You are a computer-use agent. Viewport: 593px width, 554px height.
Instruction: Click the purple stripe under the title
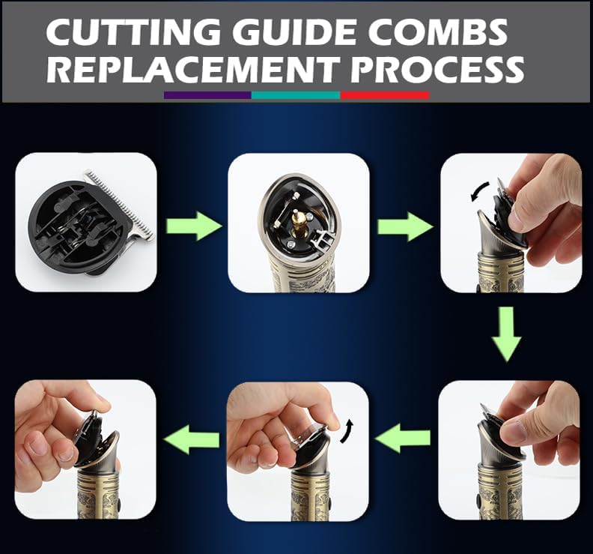coord(207,95)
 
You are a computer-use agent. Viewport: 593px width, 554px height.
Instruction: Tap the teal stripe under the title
coord(296,95)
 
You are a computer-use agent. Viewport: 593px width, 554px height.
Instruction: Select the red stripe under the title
coord(385,95)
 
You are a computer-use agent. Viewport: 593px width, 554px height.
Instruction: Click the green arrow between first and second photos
coord(194,226)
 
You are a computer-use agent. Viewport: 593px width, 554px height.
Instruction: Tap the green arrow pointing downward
coord(507,334)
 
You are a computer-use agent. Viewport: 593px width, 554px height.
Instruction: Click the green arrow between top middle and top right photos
coord(405,227)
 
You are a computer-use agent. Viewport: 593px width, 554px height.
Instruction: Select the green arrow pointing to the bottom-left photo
coord(192,439)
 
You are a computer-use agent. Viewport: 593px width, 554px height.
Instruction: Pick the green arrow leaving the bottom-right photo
coord(402,439)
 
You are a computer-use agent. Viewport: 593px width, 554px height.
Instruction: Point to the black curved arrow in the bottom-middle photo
coord(347,431)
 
